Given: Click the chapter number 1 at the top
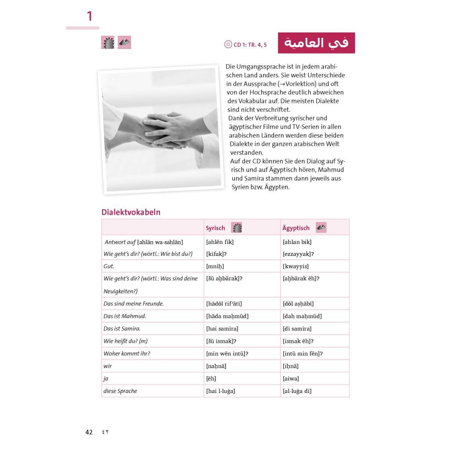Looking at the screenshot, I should coord(90,17).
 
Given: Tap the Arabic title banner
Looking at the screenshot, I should coord(316,43).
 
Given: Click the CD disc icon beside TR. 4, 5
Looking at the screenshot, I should coord(228,44).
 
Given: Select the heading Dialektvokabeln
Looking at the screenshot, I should coord(131,212).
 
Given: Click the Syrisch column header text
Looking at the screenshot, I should coord(215,228).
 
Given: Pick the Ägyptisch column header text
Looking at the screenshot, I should coord(296,228).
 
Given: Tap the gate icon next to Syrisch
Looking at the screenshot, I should coord(236,228).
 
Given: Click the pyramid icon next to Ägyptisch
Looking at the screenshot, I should coord(321,228).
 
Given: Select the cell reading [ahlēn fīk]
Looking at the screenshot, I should coord(220,242).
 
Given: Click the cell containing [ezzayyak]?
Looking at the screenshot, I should coord(298,254).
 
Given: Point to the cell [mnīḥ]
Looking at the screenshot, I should coord(215,266).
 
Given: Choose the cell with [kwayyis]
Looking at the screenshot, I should coord(295,266).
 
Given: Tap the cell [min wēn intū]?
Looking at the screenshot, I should coord(227,353).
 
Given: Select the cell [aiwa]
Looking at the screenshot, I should coord(291,378).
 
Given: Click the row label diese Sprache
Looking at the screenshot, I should coord(120,391).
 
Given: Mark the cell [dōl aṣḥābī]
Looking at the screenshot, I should coord(298,304).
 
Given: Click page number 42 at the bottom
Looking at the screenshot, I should coord(89,432).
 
